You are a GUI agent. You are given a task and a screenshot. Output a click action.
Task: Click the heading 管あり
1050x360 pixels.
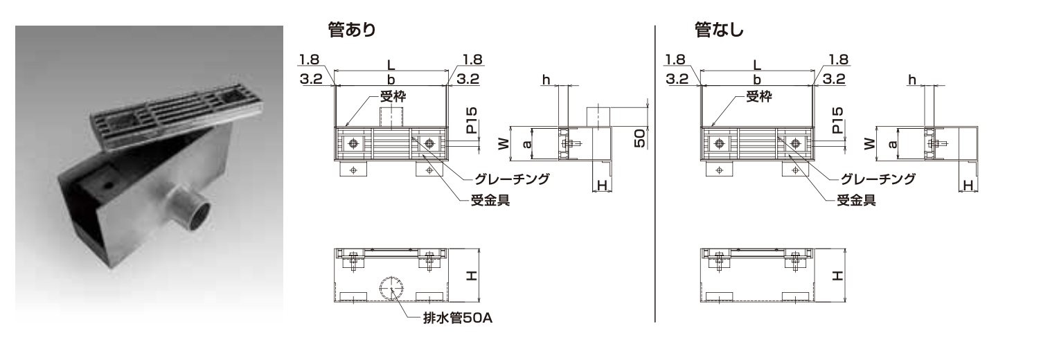click(x=352, y=30)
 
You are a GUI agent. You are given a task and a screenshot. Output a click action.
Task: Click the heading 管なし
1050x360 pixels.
click(x=718, y=30)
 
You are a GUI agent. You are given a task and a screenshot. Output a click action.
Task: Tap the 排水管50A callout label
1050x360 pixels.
click(x=459, y=319)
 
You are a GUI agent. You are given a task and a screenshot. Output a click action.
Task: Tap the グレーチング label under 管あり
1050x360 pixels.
click(x=513, y=179)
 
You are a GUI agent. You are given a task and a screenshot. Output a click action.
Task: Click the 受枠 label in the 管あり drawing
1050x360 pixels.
click(x=392, y=98)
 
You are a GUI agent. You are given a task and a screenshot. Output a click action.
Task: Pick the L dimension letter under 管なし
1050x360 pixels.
click(x=757, y=64)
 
